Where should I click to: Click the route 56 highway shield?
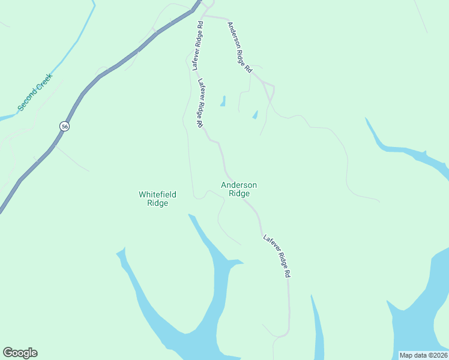pyautogui.click(x=64, y=126)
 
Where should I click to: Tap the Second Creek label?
pyautogui.click(x=35, y=91)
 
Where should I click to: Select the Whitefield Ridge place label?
pyautogui.click(x=157, y=199)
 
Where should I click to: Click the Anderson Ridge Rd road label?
pyautogui.click(x=239, y=47)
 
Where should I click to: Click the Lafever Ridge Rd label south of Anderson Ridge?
pyautogui.click(x=277, y=256)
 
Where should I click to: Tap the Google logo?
pyautogui.click(x=20, y=353)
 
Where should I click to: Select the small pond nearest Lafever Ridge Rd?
pyautogui.click(x=223, y=101)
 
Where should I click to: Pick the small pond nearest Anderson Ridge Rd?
pyautogui.click(x=255, y=114)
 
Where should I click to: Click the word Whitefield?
pyautogui.click(x=157, y=194)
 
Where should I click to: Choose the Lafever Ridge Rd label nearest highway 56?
pyautogui.click(x=197, y=47)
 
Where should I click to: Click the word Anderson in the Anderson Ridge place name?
pyautogui.click(x=239, y=185)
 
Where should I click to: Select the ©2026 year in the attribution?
pyautogui.click(x=435, y=355)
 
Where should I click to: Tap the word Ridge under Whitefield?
pyautogui.click(x=157, y=203)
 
